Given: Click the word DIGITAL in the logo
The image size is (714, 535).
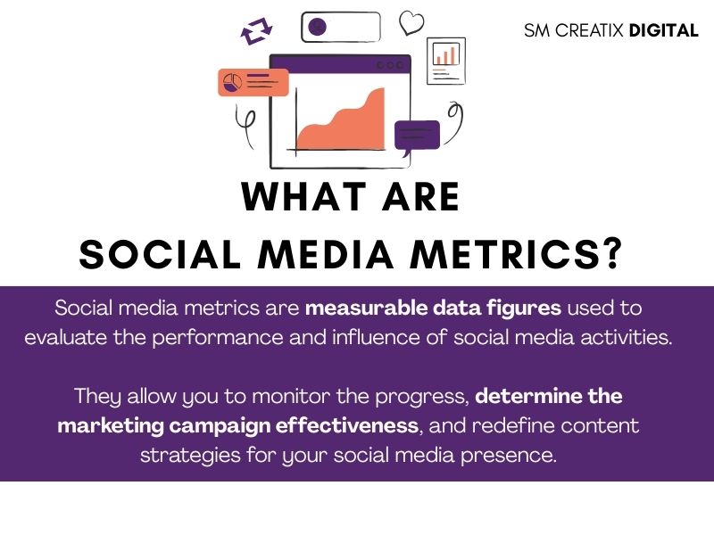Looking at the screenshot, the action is (663, 30).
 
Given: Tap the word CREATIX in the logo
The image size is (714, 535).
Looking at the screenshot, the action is (589, 30).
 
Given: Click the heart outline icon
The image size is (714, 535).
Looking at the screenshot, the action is (411, 23).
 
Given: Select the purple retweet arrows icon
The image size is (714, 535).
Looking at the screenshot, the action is (256, 31).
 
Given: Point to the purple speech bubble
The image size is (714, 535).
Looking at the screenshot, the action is (417, 137).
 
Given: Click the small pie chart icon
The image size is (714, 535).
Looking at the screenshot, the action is (232, 83).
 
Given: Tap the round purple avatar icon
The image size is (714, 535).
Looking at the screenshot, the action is (318, 27).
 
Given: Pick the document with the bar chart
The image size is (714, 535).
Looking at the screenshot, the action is (446, 61).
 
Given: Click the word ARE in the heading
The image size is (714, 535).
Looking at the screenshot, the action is (420, 196).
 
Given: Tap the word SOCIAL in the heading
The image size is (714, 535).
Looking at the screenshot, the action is (160, 254).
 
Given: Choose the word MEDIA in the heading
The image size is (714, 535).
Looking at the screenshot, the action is (326, 254).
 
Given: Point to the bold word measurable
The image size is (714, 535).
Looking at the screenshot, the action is (367, 308).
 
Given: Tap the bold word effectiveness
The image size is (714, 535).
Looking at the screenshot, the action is (346, 425).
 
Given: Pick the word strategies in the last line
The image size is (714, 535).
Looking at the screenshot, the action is (190, 456).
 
